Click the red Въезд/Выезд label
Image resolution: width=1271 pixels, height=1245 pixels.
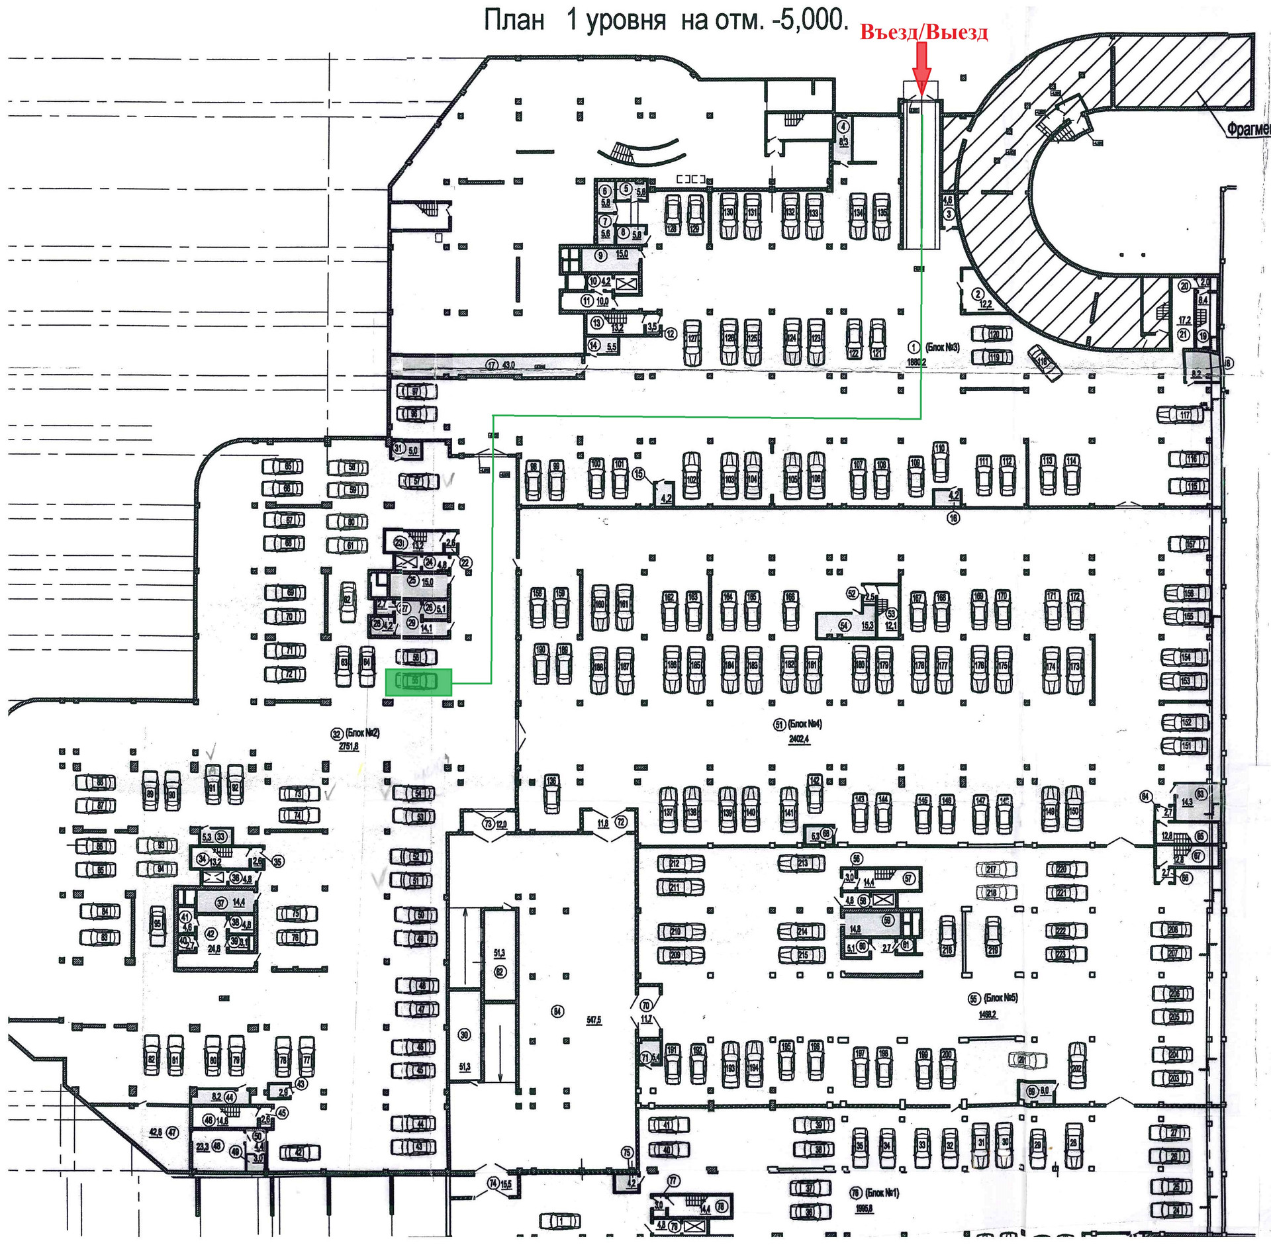[x=923, y=32]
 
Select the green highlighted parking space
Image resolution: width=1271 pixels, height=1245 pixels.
[x=418, y=682]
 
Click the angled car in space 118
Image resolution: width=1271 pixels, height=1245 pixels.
[x=1045, y=363]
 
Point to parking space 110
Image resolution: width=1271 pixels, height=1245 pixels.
[x=940, y=461]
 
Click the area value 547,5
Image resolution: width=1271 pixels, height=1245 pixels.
[x=594, y=1020]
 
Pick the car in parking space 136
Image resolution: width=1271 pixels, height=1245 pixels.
[x=551, y=794]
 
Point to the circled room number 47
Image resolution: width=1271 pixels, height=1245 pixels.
[x=173, y=1132]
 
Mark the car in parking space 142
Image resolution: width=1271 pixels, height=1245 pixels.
[x=814, y=794]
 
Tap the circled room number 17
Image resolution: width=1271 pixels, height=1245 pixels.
[x=491, y=364]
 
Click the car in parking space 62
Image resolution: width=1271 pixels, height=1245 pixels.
[x=347, y=602]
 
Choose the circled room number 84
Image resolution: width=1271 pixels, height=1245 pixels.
[x=557, y=1011]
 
